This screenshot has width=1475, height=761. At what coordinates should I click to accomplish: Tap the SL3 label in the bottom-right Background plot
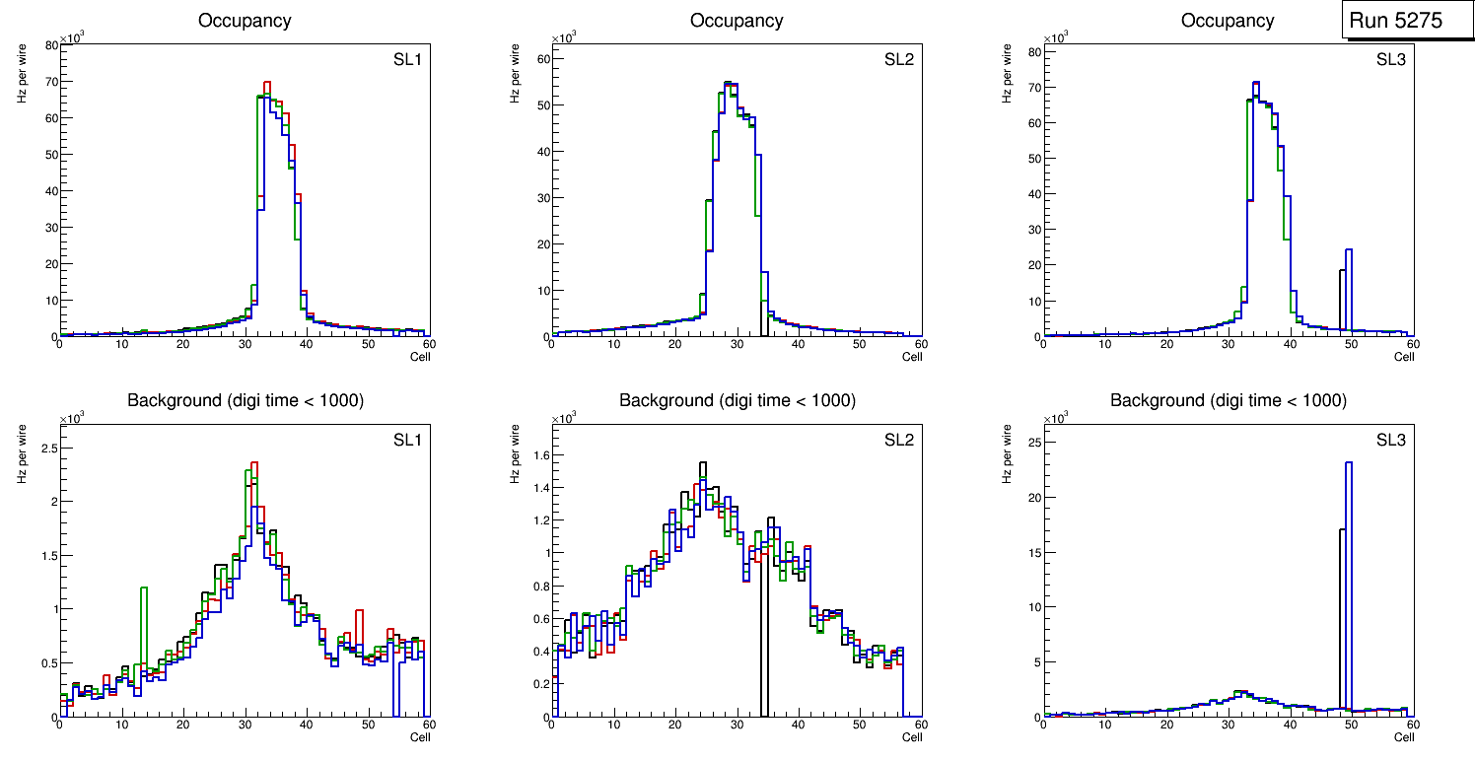pyautogui.click(x=1390, y=439)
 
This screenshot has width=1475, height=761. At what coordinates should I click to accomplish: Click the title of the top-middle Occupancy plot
pyautogui.click(x=737, y=21)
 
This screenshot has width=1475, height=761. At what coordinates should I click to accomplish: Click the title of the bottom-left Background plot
pyautogui.click(x=246, y=400)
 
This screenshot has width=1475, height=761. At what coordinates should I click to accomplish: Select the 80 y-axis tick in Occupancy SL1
pyautogui.click(x=48, y=45)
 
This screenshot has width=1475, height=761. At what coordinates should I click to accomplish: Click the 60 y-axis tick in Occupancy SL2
pyautogui.click(x=540, y=59)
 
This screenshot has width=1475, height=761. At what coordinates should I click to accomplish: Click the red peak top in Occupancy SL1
pyautogui.click(x=267, y=83)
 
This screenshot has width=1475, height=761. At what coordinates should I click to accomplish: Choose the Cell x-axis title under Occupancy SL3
pyautogui.click(x=1404, y=357)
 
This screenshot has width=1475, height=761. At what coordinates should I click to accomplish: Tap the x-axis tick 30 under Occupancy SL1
pyautogui.click(x=245, y=345)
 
